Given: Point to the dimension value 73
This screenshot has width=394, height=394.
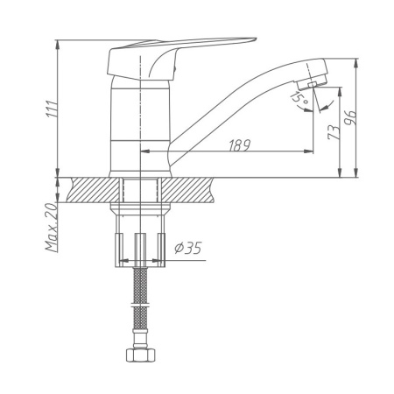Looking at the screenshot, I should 332,132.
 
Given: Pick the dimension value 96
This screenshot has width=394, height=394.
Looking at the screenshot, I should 351,118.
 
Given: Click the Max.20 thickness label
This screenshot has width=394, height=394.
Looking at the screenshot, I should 53,228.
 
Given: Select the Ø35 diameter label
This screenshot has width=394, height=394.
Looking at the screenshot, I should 187,249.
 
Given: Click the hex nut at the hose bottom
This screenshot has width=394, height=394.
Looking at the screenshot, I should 139,356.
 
